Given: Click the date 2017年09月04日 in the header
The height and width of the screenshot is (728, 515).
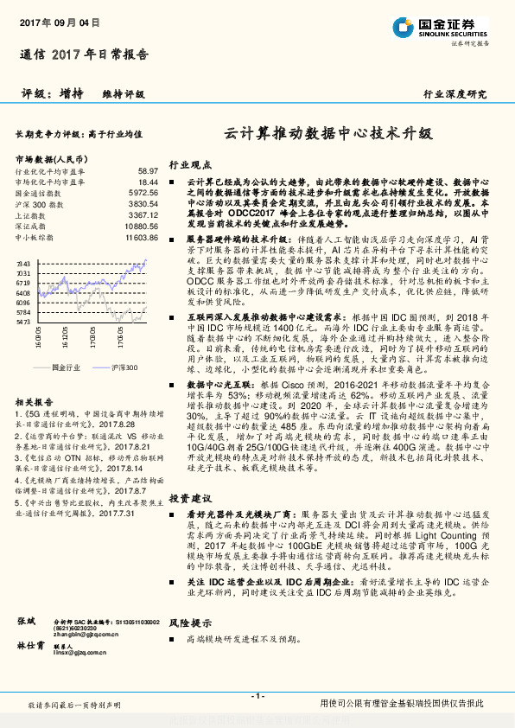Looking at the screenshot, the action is tap(54, 23).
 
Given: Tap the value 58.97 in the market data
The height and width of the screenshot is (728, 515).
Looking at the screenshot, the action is tap(148, 171).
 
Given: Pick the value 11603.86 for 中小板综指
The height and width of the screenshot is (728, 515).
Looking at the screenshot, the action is tap(142, 236).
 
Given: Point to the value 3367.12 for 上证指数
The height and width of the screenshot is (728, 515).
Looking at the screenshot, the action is tap(143, 214).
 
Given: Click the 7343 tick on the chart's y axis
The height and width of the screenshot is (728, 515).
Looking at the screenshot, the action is tap(23, 263).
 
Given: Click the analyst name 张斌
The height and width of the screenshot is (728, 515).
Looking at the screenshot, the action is tap(26, 622).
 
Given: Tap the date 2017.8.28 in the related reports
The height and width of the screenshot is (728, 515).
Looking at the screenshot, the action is tap(112, 401).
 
